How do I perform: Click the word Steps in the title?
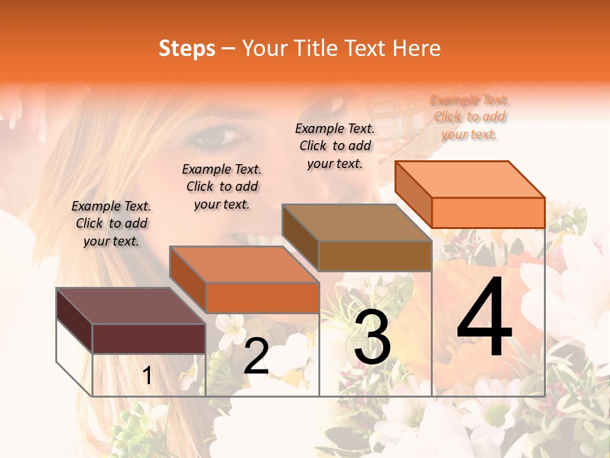(187, 48)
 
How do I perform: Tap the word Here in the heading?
(417, 48)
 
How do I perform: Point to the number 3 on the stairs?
(372, 338)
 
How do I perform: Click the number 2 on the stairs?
(256, 357)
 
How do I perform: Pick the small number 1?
(147, 376)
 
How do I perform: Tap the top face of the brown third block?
(356, 223)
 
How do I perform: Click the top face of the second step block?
(244, 265)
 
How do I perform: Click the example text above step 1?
(111, 223)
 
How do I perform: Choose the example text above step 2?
(222, 186)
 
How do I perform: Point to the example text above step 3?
(335, 146)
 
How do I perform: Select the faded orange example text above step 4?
(470, 117)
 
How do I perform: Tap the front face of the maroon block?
(149, 338)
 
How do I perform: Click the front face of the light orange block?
(488, 212)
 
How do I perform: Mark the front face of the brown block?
(375, 256)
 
